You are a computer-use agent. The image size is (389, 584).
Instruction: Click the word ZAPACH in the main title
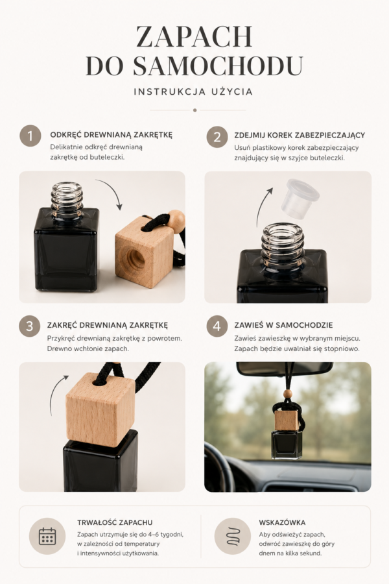click(194, 36)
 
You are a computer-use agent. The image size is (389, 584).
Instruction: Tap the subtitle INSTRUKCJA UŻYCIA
click(194, 91)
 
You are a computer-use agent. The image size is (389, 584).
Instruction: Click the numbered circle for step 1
click(30, 136)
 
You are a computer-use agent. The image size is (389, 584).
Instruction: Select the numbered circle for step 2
click(217, 137)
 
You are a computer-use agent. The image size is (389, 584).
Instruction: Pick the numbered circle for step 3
click(29, 326)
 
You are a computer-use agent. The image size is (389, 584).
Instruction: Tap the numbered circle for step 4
click(217, 326)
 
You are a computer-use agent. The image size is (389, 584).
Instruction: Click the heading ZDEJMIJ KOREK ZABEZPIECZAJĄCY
click(300, 135)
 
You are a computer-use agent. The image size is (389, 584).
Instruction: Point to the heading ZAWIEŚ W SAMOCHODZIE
click(283, 325)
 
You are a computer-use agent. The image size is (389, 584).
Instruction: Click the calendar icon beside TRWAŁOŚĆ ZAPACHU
click(47, 536)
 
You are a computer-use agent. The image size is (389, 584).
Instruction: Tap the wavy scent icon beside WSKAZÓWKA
click(233, 537)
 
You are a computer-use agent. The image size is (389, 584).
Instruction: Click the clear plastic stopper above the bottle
click(300, 199)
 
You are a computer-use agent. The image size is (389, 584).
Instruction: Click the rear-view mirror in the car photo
click(285, 369)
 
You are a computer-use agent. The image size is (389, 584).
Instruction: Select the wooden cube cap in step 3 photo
click(100, 409)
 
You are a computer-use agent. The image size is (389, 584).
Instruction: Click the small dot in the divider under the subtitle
click(194, 110)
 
